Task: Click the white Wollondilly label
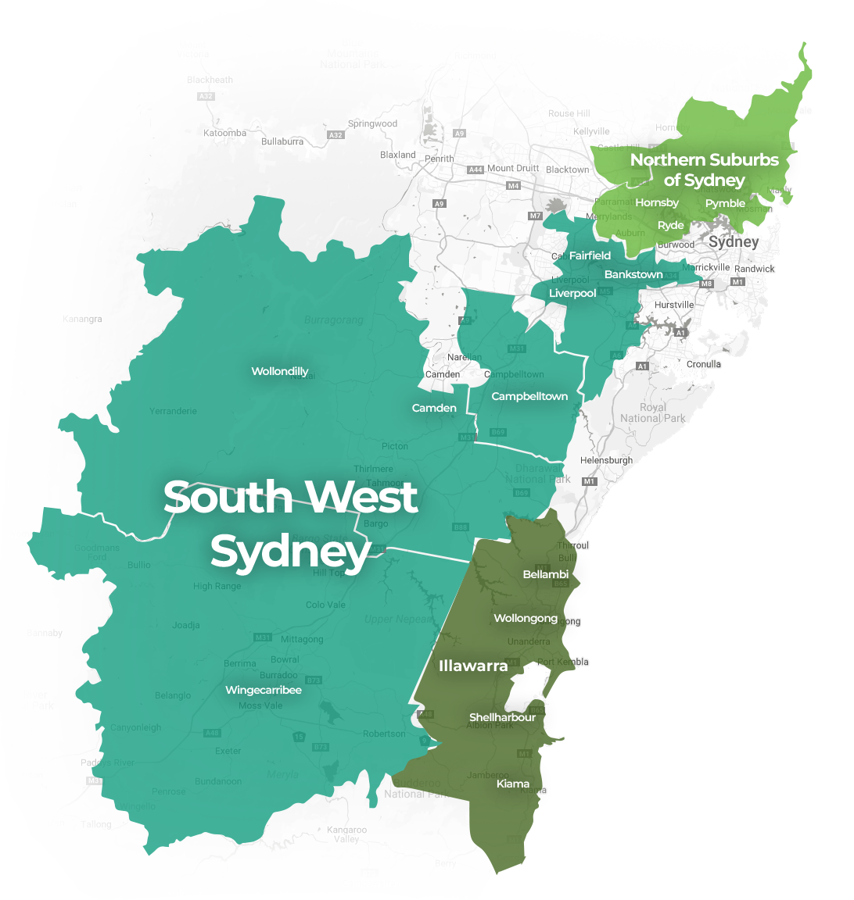coord(279,371)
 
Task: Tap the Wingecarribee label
coord(264,690)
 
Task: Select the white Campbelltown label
coord(529,396)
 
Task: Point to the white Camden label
coord(434,408)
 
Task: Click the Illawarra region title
coord(473,666)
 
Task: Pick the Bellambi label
coord(545,574)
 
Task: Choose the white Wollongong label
coord(526,618)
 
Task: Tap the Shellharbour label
coord(502,717)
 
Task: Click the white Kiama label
coord(513,784)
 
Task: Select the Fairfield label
coord(590,255)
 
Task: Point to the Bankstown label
coord(633,274)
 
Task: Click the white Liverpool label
coord(572,293)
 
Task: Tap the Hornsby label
coord(657,202)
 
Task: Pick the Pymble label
coord(725,203)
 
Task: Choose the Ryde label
coord(671,225)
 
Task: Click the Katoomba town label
coord(224,133)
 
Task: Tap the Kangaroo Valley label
coord(346,834)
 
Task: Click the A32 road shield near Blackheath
coord(206,96)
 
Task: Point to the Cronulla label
coord(704,364)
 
